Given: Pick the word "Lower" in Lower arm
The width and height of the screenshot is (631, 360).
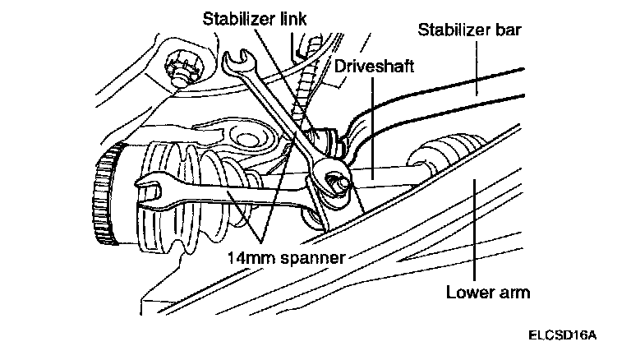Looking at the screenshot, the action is click(x=467, y=292).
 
